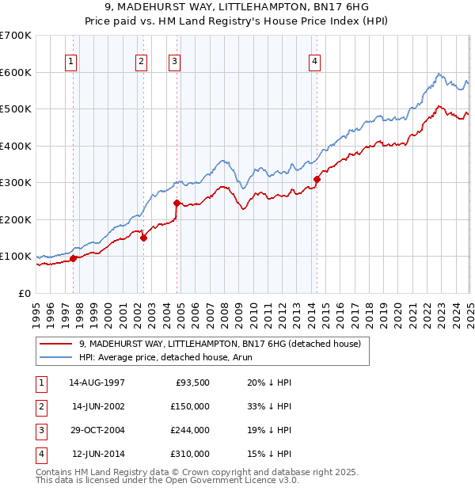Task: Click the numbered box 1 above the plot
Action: tap(72, 62)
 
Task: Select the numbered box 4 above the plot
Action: tap(315, 62)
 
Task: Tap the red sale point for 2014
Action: tap(317, 179)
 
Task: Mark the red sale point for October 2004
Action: tap(177, 203)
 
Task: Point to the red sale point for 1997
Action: tap(73, 258)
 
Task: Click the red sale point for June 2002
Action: tap(143, 238)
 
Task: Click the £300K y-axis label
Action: tap(16, 183)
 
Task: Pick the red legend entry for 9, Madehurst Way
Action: tap(219, 344)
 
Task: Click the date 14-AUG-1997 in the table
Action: tap(97, 383)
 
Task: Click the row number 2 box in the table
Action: tap(40, 406)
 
